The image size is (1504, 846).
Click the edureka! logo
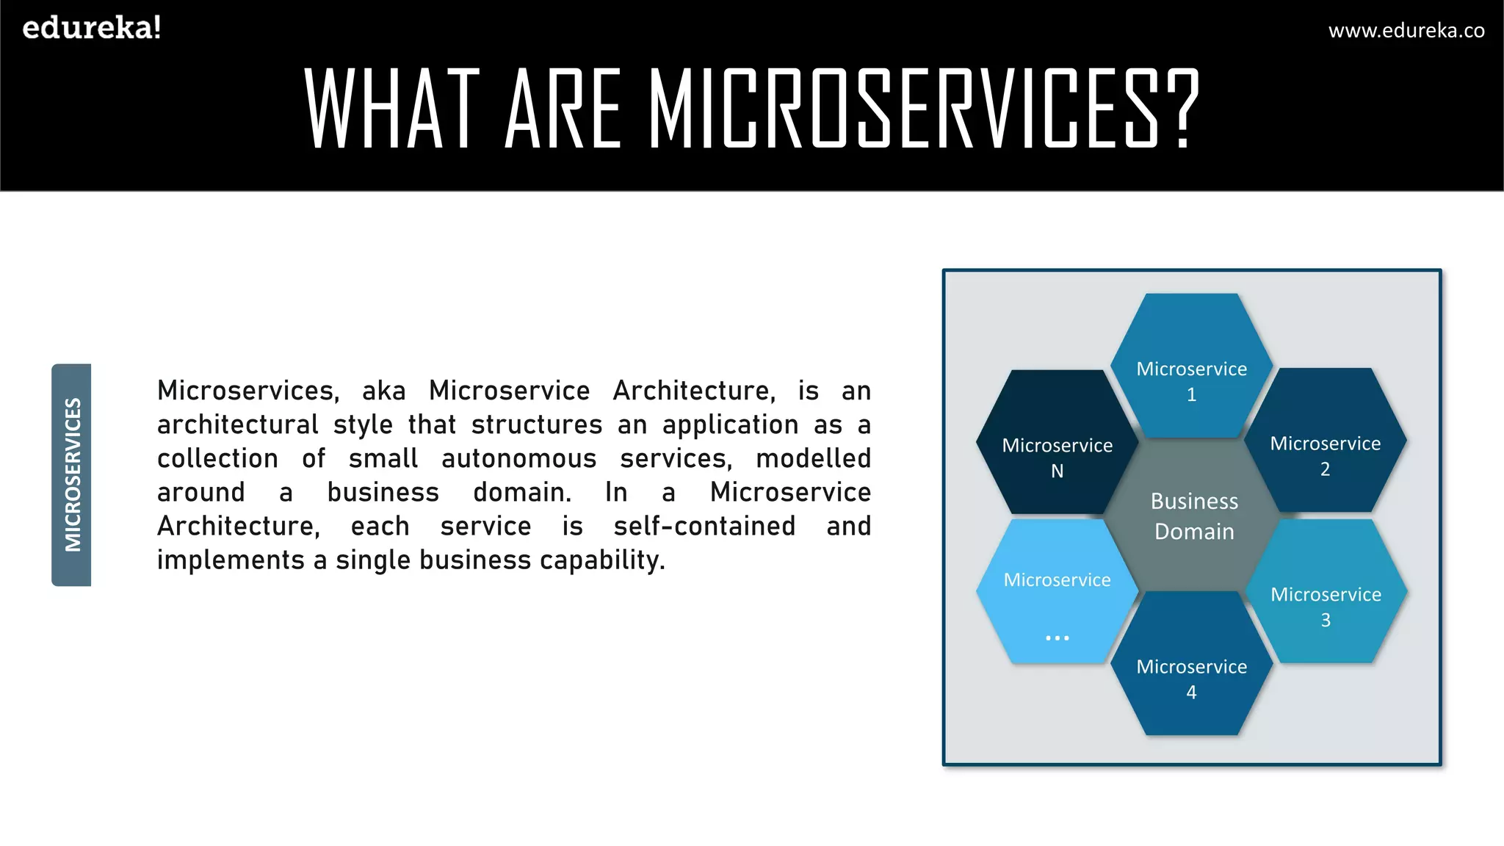click(92, 28)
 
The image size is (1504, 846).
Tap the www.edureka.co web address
click(1406, 30)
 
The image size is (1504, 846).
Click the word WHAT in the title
click(392, 108)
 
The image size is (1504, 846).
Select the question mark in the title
click(1182, 108)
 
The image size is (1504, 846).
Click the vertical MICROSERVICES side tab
click(72, 474)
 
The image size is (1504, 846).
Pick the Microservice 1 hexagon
click(1191, 367)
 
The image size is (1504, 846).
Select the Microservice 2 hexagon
click(1326, 441)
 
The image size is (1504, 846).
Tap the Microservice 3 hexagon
click(1326, 592)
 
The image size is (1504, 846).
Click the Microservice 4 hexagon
click(1191, 665)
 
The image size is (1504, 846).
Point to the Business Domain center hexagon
click(1194, 516)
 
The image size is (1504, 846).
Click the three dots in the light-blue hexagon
click(1057, 637)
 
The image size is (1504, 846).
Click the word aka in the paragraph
click(383, 391)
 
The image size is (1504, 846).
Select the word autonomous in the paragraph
click(518, 458)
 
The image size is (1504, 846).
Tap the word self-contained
click(704, 526)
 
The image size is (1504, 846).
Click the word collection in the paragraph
click(217, 458)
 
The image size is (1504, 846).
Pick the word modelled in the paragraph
click(813, 458)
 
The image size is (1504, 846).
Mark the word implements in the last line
click(231, 560)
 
